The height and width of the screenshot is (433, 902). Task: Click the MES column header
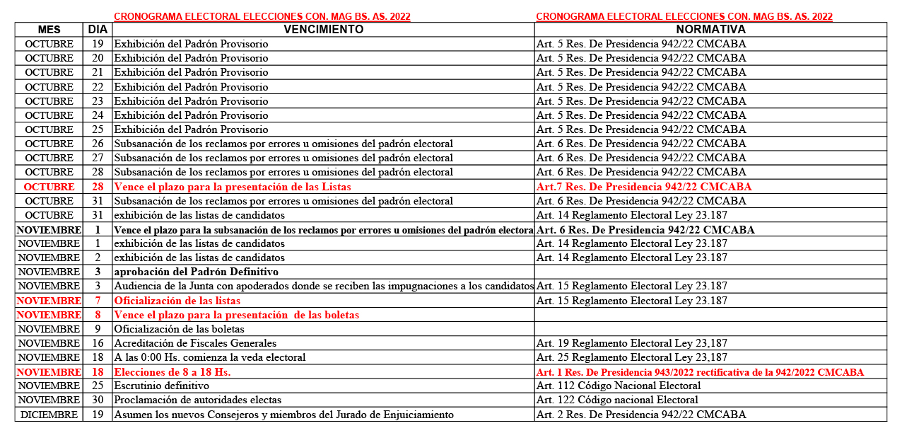(49, 30)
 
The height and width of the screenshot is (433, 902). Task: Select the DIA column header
(98, 30)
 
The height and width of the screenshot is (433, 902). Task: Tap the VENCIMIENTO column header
(323, 30)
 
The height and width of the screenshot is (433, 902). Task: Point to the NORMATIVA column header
(710, 30)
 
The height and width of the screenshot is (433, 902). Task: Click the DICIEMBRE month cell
(49, 415)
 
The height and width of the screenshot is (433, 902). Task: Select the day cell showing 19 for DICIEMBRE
(98, 415)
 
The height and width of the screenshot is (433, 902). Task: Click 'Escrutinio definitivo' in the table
(162, 386)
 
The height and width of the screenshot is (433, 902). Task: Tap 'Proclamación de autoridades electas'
(198, 400)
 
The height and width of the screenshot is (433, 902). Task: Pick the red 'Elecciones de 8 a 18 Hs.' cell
(172, 372)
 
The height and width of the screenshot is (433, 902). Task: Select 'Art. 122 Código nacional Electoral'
(617, 400)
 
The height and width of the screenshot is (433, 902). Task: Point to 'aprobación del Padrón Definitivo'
(197, 272)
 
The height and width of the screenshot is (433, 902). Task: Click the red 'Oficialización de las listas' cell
(177, 301)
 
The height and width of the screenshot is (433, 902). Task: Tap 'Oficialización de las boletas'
(180, 329)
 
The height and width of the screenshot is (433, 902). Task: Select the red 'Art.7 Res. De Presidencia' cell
(644, 187)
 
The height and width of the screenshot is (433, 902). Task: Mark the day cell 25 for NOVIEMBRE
(98, 386)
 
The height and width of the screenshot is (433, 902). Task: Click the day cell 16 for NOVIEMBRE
(98, 343)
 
